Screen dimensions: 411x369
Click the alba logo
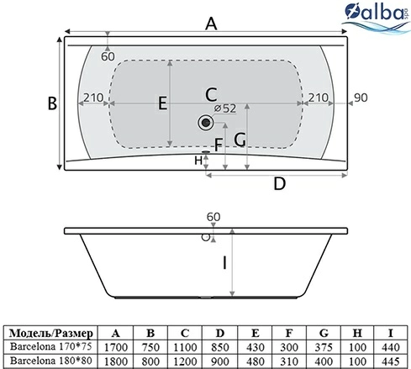click(x=377, y=17)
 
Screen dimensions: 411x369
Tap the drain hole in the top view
click(x=206, y=122)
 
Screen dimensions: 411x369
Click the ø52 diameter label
click(x=225, y=108)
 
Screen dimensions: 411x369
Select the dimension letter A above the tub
click(x=211, y=24)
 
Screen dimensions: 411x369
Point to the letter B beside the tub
click(x=52, y=103)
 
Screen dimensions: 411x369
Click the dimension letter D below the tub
click(x=279, y=184)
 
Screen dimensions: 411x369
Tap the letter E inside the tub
click(x=163, y=103)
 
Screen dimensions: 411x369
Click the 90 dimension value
click(x=361, y=98)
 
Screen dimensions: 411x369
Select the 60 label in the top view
click(x=108, y=56)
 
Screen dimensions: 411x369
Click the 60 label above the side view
click(x=213, y=217)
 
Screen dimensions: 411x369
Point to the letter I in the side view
click(x=224, y=263)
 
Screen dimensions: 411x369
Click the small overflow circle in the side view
click(x=206, y=237)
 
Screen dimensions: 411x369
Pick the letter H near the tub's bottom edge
click(x=198, y=161)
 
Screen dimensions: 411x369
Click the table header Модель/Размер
click(x=50, y=333)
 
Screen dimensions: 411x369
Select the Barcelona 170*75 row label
click(x=51, y=346)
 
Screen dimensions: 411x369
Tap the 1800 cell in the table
click(x=116, y=361)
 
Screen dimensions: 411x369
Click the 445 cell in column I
click(x=391, y=361)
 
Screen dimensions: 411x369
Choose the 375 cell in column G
click(x=324, y=347)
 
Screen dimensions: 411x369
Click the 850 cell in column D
click(x=220, y=347)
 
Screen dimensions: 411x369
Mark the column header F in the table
click(x=289, y=333)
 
